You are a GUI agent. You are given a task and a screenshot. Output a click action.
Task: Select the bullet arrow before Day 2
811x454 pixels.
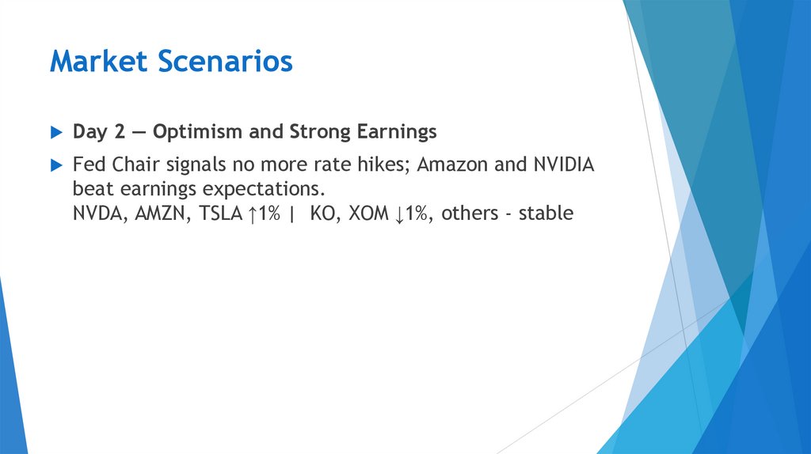[x=55, y=132]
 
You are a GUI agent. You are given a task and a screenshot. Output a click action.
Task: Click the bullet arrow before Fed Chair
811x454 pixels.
[x=55, y=165]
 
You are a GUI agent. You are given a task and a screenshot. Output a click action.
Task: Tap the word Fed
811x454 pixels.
[x=87, y=165]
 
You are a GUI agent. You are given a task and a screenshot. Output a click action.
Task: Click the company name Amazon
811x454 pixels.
[x=451, y=165]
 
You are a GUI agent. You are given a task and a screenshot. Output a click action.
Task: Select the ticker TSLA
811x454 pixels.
[x=212, y=214]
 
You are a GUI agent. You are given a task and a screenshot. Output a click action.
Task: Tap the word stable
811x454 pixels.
[x=546, y=214]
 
